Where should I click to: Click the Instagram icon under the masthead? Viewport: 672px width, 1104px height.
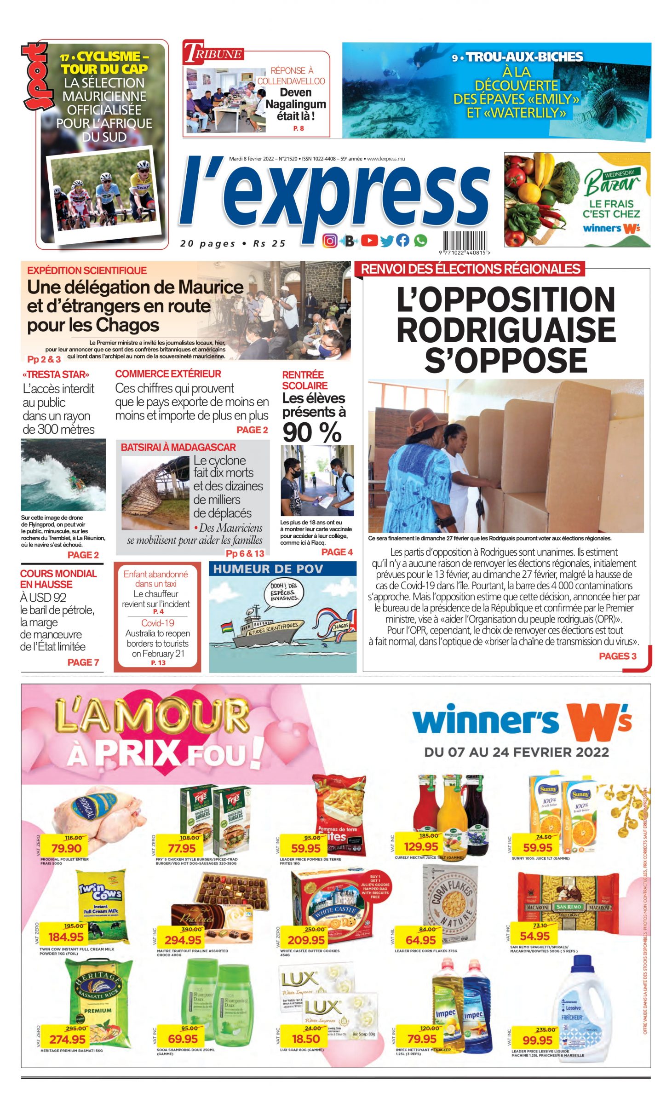(329, 241)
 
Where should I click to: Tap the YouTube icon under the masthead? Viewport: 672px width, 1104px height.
(369, 241)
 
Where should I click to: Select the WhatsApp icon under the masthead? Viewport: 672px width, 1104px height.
(420, 241)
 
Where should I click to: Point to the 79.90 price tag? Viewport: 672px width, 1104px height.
(66, 848)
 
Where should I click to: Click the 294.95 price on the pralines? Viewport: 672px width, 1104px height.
(183, 940)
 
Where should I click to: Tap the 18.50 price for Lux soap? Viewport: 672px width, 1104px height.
(306, 1039)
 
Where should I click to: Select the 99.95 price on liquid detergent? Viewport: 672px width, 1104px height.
(537, 1041)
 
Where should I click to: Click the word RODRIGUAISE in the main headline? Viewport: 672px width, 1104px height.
(505, 329)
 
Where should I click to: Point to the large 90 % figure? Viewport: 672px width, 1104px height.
(312, 432)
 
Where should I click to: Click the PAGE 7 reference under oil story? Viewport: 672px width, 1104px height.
(83, 662)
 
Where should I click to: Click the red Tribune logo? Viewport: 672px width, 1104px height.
(213, 52)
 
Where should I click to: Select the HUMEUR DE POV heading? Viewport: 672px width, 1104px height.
(268, 569)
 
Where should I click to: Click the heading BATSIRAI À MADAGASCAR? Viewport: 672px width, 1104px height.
(178, 447)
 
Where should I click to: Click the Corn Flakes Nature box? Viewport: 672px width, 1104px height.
(451, 899)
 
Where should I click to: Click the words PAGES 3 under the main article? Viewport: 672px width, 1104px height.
(617, 656)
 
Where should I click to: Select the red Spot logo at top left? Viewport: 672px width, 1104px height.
(35, 76)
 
